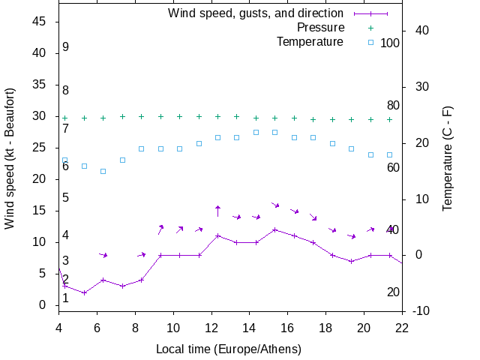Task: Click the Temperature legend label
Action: [x=310, y=42]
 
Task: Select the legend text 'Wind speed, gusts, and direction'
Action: [x=255, y=13]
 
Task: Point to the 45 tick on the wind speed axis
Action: [x=41, y=22]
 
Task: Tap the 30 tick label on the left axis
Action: [x=41, y=116]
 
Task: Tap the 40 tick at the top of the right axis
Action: [x=421, y=31]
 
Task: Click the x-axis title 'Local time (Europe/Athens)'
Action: [x=228, y=349]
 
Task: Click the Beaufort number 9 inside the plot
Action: [x=66, y=47]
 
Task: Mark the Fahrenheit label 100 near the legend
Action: [x=390, y=43]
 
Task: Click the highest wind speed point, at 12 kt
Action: [x=275, y=229]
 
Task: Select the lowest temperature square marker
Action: [x=103, y=171]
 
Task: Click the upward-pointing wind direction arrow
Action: [x=217, y=210]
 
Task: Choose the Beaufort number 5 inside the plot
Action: [x=66, y=198]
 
